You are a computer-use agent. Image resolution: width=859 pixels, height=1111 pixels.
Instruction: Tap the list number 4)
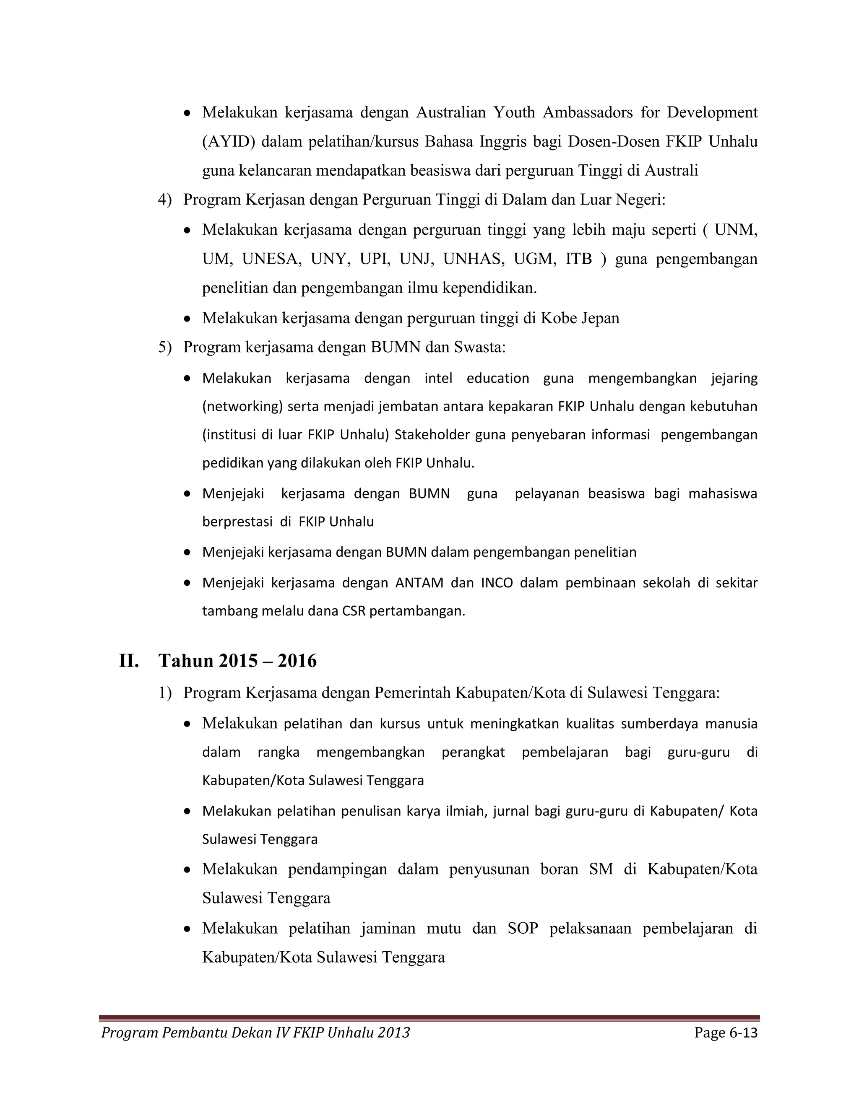point(165,200)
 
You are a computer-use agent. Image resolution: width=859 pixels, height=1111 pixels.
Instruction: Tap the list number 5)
point(165,348)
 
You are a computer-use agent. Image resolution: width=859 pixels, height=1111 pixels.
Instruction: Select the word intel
point(438,379)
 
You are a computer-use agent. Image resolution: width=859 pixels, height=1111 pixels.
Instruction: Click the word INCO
point(497,583)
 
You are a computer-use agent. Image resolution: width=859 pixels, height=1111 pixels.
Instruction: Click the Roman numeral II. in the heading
point(129,661)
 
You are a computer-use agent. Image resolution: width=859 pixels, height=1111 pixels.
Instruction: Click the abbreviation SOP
point(523,928)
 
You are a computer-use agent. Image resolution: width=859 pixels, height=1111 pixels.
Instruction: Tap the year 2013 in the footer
point(394,1033)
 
